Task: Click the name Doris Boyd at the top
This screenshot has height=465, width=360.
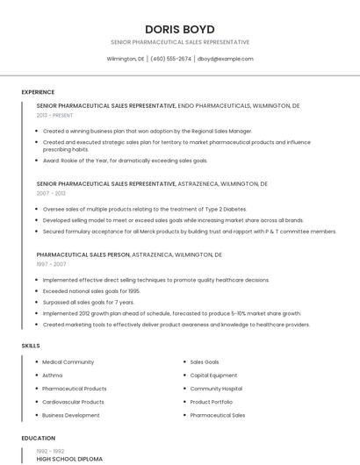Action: (179, 29)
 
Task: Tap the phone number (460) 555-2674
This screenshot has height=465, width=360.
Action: (170, 59)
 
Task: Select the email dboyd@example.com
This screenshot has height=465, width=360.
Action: (225, 59)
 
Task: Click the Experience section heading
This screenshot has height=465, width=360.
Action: (38, 92)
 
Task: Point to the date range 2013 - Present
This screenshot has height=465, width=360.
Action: (55, 115)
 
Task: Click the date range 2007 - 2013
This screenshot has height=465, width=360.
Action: (51, 193)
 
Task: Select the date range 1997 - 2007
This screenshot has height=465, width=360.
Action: (51, 263)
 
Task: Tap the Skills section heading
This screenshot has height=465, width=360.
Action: (31, 346)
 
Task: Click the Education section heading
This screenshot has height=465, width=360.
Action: (39, 438)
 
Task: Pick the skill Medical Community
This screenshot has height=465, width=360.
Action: (68, 361)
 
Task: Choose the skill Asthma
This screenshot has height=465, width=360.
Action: (53, 375)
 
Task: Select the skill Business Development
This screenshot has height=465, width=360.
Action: (71, 415)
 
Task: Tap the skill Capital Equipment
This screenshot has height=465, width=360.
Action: (213, 375)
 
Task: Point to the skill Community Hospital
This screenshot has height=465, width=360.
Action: (216, 388)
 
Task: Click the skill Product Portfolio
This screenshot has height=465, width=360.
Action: (212, 402)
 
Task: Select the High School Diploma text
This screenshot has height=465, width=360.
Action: (69, 459)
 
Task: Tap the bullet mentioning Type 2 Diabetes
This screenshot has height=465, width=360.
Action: (145, 209)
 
